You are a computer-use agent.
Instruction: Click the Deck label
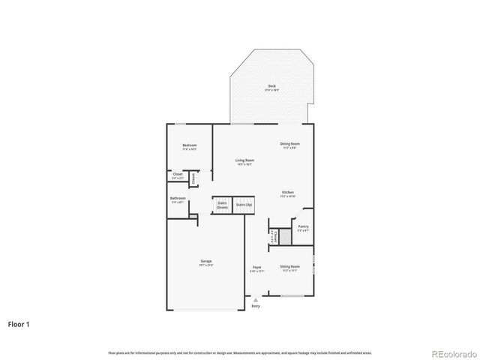point(271,87)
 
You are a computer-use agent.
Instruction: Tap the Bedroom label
point(190,145)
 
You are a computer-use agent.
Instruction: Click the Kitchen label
point(288,193)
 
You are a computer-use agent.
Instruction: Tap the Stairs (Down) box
point(222,204)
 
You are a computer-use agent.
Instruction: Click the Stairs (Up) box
point(244,204)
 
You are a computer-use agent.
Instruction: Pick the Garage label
point(206,262)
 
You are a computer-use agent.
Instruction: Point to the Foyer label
point(256,267)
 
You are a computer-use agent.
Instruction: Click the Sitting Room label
point(290,267)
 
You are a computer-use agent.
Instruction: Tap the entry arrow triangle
point(256,300)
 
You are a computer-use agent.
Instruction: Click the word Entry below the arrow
point(256,306)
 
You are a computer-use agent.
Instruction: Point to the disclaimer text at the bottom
point(240,352)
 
